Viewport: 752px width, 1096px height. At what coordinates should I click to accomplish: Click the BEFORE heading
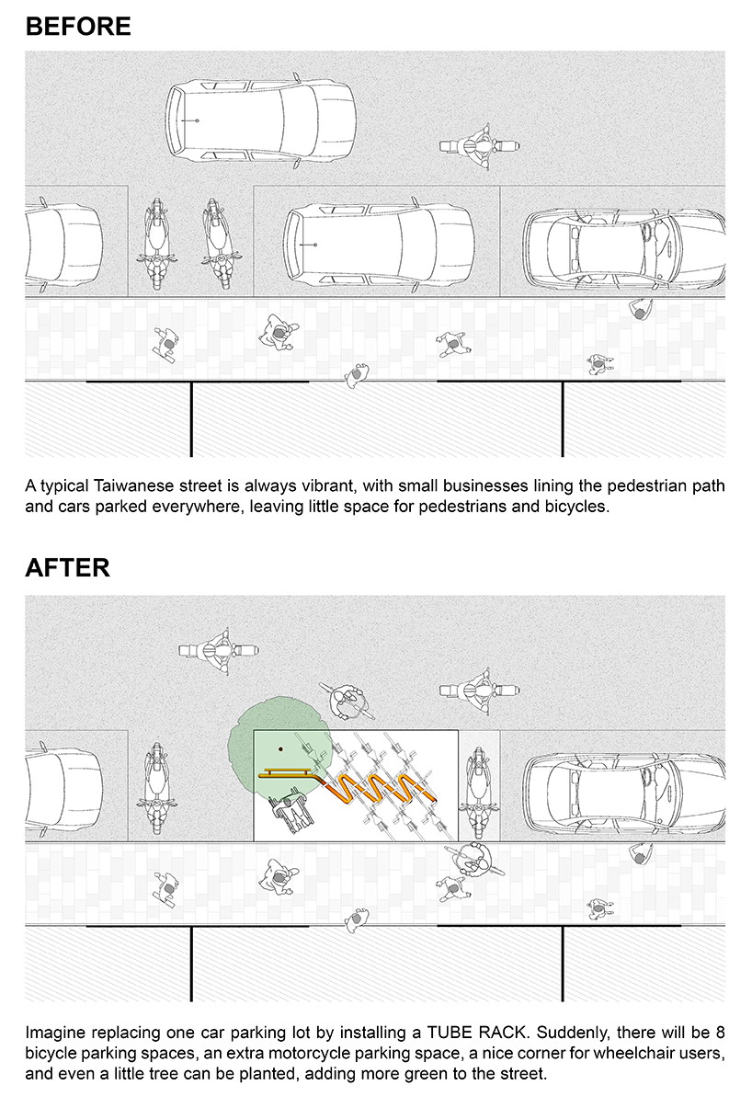(78, 27)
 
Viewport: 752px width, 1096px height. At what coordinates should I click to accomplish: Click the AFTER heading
(68, 567)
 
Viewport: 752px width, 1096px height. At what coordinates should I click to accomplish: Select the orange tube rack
(348, 786)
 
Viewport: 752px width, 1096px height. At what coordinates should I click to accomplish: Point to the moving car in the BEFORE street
(261, 121)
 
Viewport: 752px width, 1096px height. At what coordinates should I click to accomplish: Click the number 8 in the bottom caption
(721, 1033)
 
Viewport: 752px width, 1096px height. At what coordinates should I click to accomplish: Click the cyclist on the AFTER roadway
(348, 701)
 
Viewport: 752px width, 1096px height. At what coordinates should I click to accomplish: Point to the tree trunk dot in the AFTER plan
(280, 748)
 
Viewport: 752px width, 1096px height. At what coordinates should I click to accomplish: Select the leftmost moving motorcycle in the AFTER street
(219, 651)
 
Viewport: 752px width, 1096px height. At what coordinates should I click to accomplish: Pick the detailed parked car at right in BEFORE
(624, 249)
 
